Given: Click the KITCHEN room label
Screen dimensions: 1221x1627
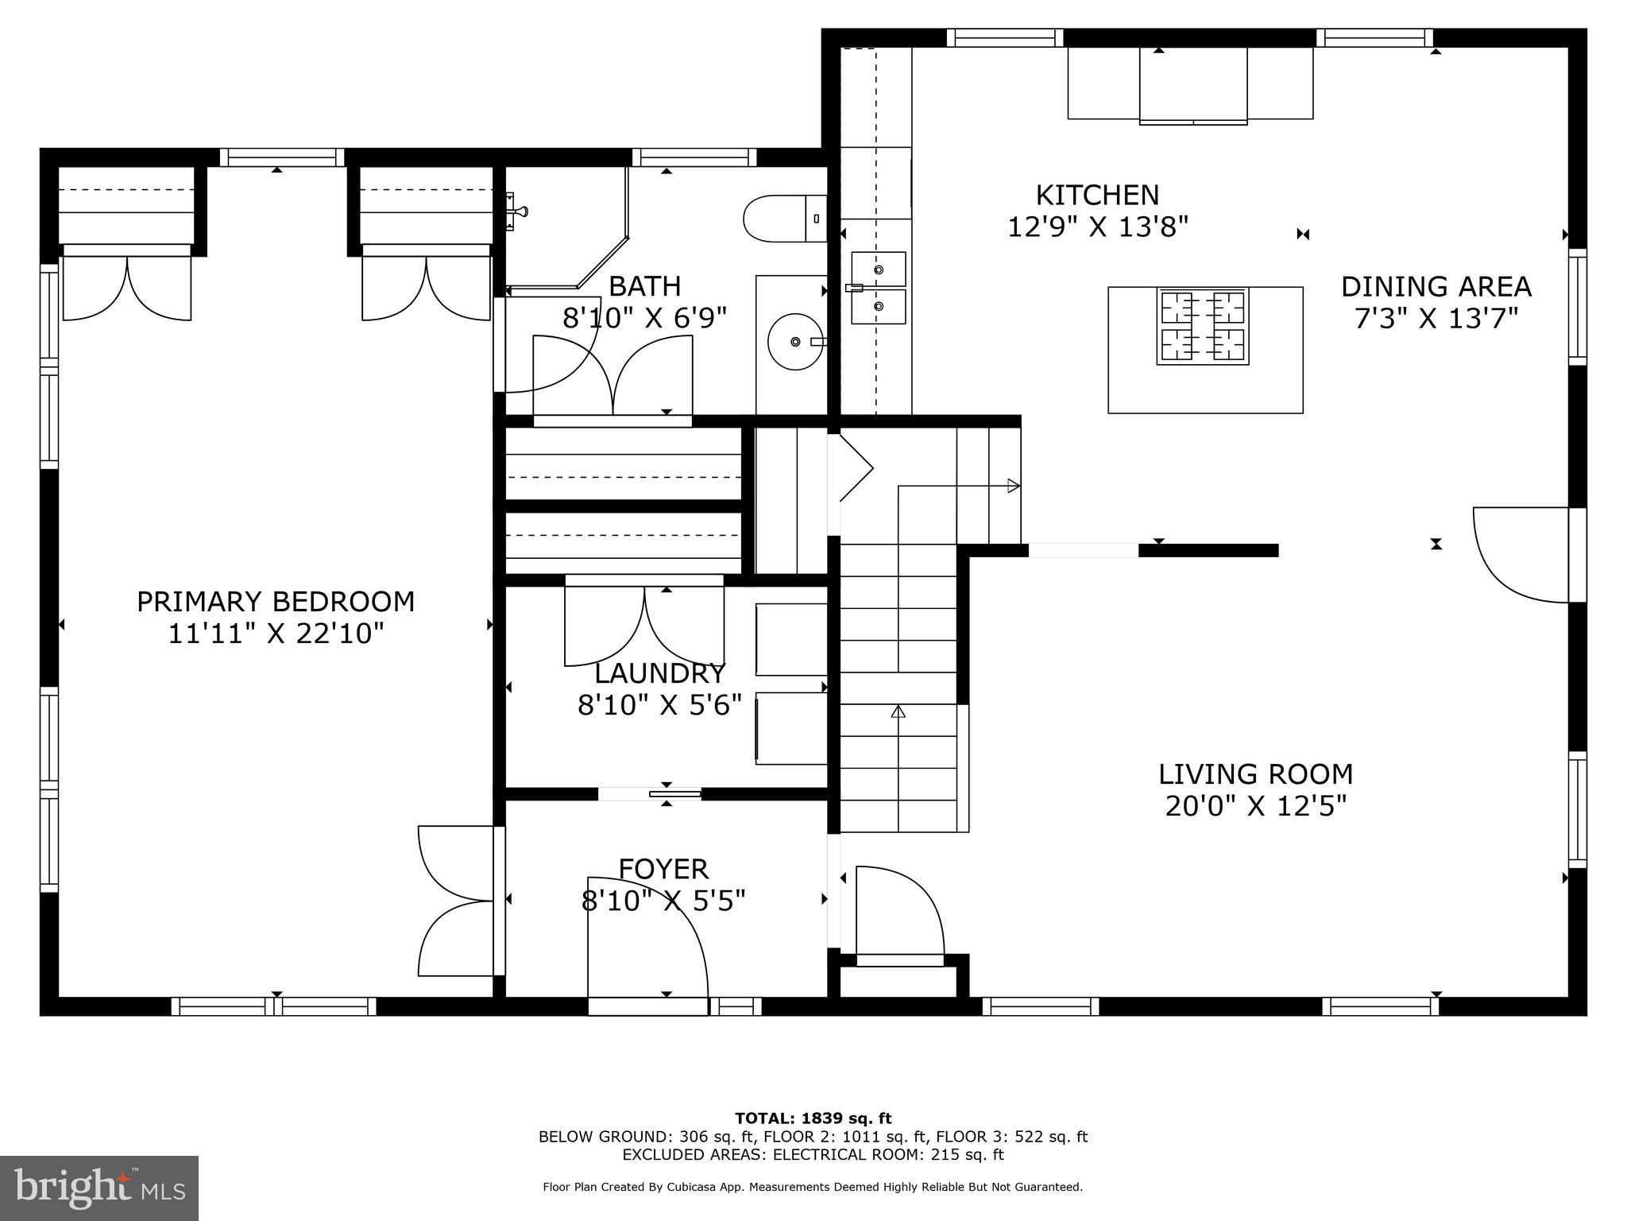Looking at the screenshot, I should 1097,196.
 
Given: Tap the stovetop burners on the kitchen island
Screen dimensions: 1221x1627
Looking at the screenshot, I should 1202,327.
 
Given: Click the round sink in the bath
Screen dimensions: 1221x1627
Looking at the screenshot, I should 794,342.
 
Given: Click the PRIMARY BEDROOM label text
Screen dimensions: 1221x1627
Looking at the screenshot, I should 276,602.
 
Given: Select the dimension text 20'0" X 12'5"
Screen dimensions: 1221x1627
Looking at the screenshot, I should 1255,807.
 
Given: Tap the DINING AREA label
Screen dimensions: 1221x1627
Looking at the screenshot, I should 1436,287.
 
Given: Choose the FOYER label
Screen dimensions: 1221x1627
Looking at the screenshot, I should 663,869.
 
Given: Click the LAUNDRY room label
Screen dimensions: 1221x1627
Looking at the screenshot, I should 660,674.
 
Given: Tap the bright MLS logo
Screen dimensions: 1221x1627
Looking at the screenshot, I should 99,1188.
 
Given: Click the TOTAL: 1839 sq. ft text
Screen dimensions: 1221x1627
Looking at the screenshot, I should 813,1118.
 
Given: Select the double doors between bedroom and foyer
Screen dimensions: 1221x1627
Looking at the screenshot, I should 457,901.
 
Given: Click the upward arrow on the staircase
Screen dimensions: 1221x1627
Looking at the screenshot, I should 899,711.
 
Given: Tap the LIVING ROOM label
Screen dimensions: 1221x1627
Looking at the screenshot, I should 1255,774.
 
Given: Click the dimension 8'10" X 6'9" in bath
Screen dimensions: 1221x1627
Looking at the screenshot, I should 644,319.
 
